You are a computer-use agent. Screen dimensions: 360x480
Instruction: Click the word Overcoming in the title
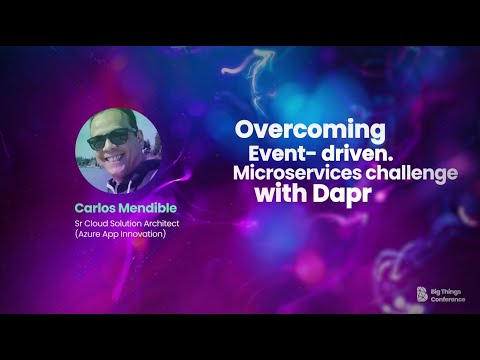point(310,130)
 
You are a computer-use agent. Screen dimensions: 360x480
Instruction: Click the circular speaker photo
point(116,151)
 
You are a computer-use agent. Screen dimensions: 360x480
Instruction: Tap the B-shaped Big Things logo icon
point(421,294)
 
